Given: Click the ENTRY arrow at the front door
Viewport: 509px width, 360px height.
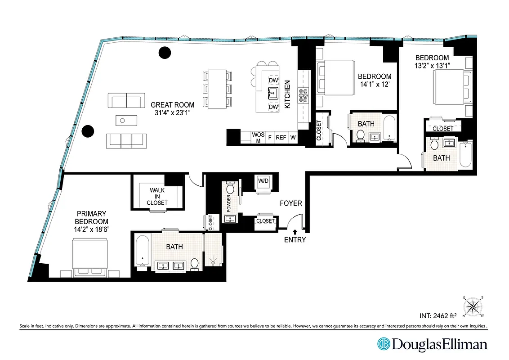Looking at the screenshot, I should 295,231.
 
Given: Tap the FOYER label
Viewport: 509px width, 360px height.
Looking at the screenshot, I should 291,203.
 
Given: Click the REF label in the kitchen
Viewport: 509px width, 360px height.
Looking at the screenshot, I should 281,138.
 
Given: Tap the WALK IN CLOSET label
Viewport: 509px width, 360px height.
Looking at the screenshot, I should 157,197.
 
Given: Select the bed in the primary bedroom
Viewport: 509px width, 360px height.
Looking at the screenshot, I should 90,256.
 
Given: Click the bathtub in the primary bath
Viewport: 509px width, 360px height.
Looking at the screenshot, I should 143,252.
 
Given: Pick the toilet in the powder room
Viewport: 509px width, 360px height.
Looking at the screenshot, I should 230,188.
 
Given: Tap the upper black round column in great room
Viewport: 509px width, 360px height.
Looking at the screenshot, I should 165,53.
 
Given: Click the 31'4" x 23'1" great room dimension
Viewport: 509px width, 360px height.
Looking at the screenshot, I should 173,113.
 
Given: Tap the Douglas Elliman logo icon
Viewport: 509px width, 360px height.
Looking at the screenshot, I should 384,345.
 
